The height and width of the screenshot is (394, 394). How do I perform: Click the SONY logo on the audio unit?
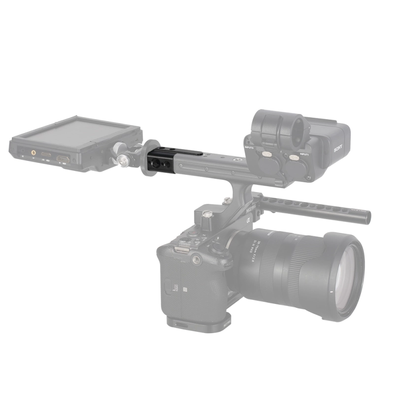338,148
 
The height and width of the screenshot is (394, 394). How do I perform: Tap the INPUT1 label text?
303,154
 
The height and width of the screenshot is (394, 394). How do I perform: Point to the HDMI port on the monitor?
63,159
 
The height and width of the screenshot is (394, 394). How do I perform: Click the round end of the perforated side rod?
366,217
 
